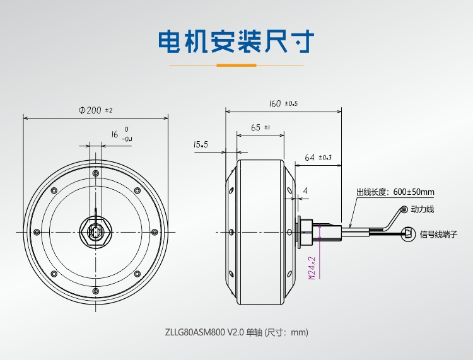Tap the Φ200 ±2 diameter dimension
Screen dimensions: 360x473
95,110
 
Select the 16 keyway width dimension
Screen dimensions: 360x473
115,134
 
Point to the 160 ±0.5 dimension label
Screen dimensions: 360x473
283,103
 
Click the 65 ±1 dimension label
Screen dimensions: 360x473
260,127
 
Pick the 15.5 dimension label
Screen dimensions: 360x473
201,145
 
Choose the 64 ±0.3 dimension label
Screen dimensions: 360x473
318,157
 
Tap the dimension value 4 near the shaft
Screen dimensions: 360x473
305,190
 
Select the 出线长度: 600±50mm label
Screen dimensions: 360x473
395,192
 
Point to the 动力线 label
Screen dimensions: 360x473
422,209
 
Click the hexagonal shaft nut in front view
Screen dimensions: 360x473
96,231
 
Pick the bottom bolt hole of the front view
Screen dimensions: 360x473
95,291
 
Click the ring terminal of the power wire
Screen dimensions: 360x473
404,209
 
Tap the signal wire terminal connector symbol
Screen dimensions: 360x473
409,232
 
